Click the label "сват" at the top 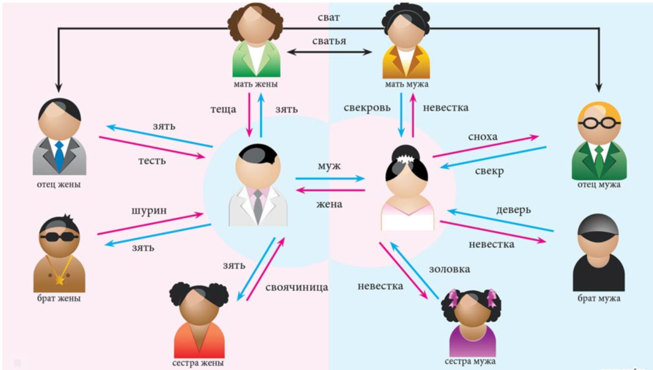[328, 18]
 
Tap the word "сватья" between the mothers [330, 41]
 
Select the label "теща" [223, 110]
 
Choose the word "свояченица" [296, 287]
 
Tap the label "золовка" [449, 269]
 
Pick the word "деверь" [513, 210]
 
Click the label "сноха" [482, 137]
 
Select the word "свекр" [489, 171]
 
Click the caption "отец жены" [59, 185]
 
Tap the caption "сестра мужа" [470, 361]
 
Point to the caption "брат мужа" [598, 298]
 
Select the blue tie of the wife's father [59, 156]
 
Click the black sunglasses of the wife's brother [59, 236]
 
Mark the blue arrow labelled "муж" [330, 179]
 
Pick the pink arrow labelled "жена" [330, 190]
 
